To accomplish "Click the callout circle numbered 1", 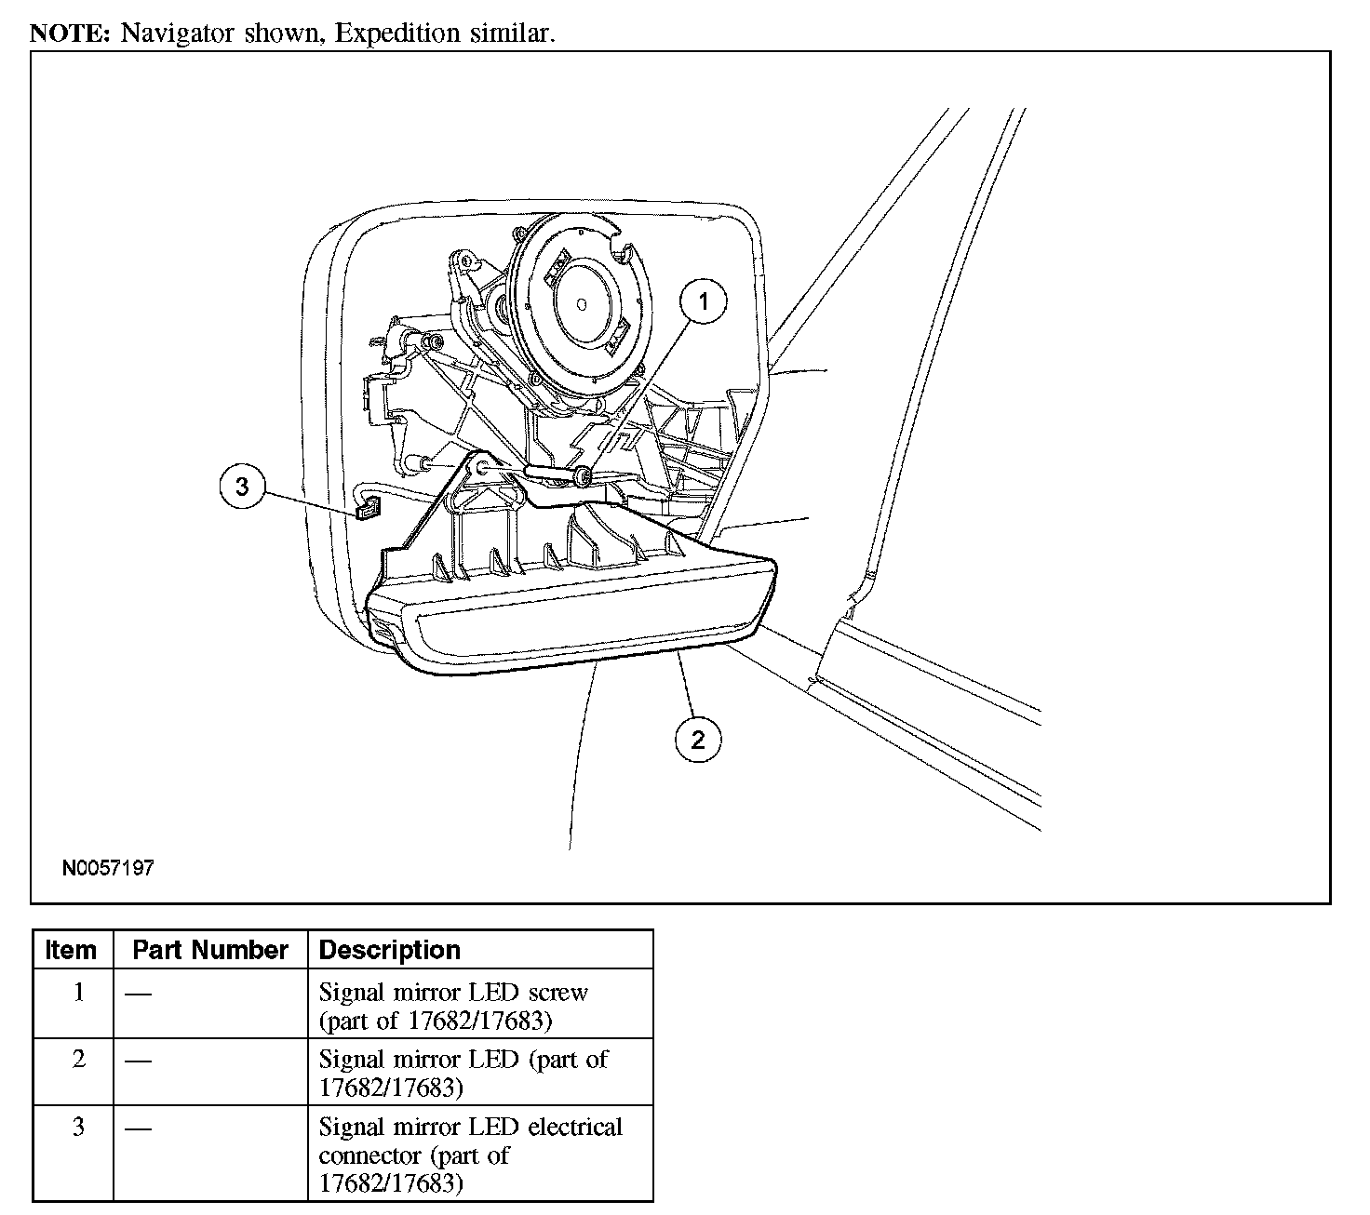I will click(704, 301).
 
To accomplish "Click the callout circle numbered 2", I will click(698, 741).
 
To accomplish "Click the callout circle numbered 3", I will click(243, 487).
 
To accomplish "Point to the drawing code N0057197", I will click(108, 868).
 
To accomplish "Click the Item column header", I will click(72, 950).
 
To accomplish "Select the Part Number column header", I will click(210, 950).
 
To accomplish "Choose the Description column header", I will click(390, 950).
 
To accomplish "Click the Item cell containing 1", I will click(79, 993).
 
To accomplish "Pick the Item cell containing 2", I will click(79, 1060).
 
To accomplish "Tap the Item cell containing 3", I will click(79, 1128).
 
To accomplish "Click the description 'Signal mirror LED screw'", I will click(453, 993).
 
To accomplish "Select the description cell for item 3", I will click(470, 1155).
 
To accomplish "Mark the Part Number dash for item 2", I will click(139, 1061).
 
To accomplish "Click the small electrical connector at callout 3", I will click(369, 509).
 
